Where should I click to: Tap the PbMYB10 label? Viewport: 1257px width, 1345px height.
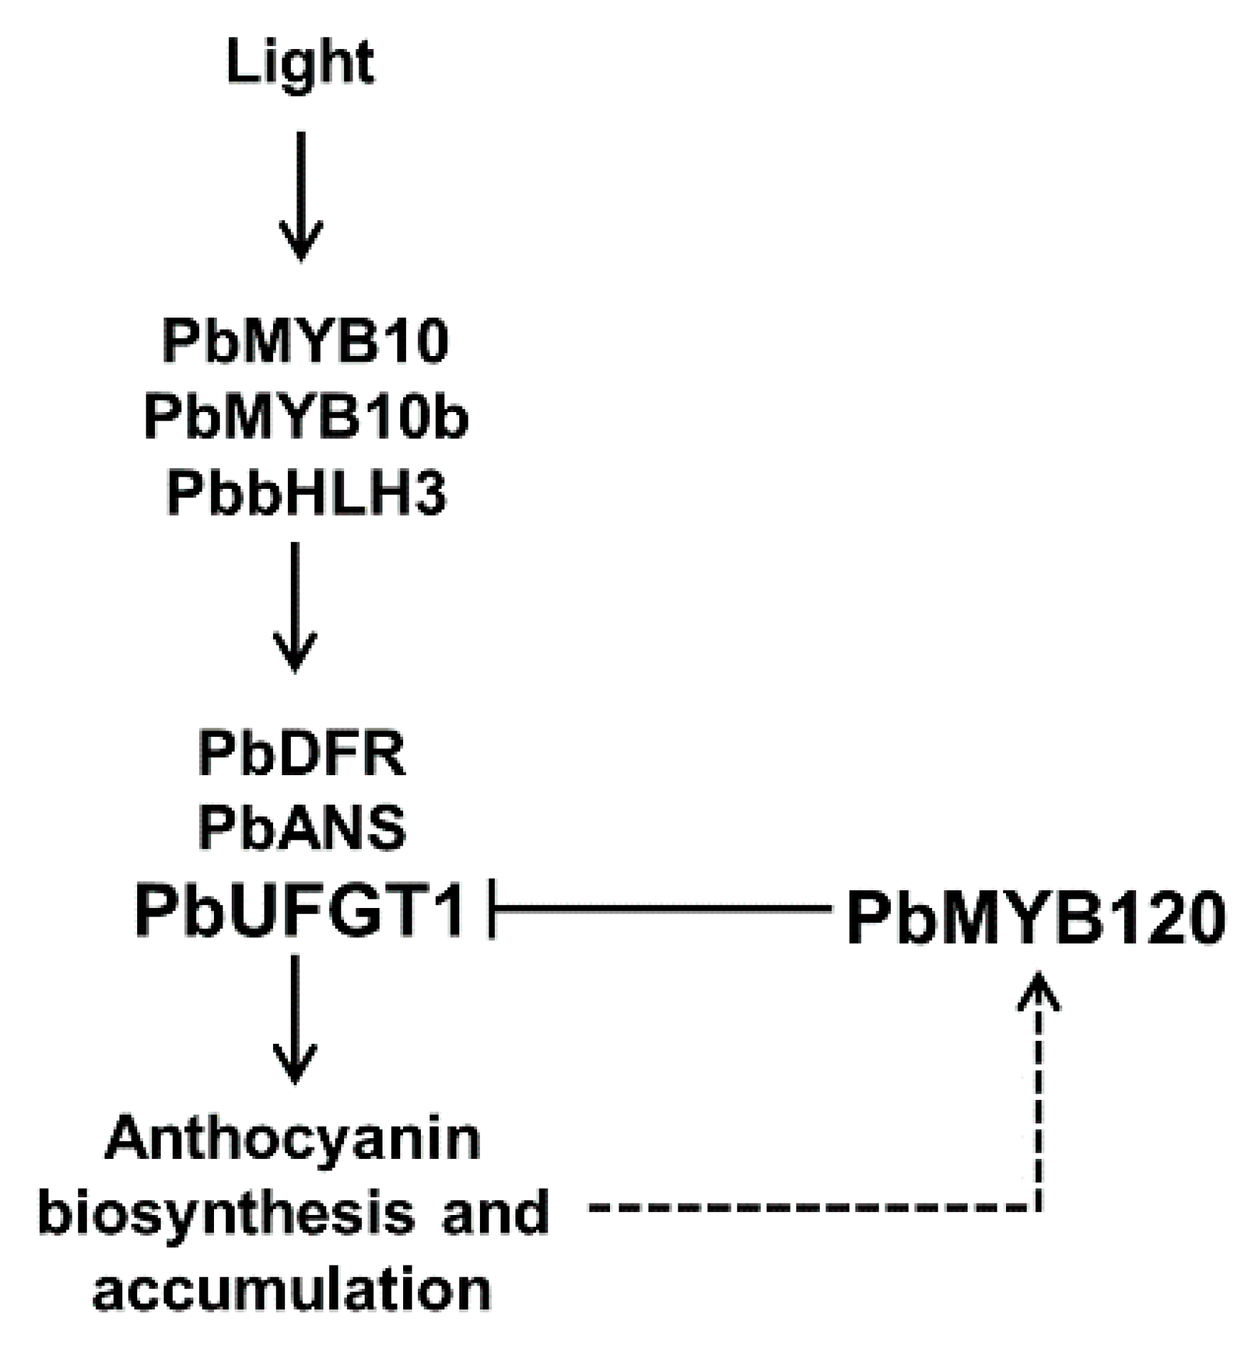306,342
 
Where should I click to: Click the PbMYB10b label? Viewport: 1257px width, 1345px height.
306,418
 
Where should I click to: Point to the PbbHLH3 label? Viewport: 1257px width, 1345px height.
306,494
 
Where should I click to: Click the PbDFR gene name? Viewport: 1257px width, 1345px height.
301,754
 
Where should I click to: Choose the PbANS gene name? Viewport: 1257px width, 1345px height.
301,828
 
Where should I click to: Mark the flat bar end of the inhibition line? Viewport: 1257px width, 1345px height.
492,908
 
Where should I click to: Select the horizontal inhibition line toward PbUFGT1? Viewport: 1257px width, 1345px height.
661,908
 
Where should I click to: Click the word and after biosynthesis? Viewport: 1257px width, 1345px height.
496,1212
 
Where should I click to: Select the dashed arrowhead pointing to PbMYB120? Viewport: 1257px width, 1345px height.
1039,991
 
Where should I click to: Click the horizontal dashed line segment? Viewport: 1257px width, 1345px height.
811,1207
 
